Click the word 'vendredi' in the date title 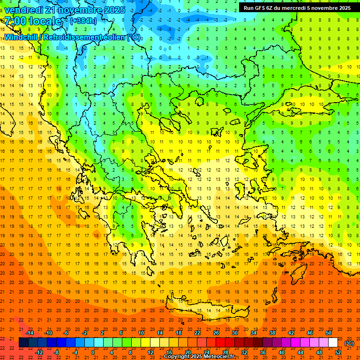(x=23, y=10)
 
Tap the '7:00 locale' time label (x=33, y=21)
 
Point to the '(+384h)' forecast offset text (x=83, y=21)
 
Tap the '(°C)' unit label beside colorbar (x=349, y=343)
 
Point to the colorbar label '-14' (x=30, y=333)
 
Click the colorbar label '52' (x=338, y=352)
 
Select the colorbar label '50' (x=329, y=333)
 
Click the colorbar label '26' (x=216, y=333)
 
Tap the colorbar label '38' (x=272, y=333)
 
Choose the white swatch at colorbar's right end (x=333, y=343)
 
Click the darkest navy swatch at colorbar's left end (x=23, y=343)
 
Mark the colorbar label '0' (x=93, y=352)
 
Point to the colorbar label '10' (x=141, y=333)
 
